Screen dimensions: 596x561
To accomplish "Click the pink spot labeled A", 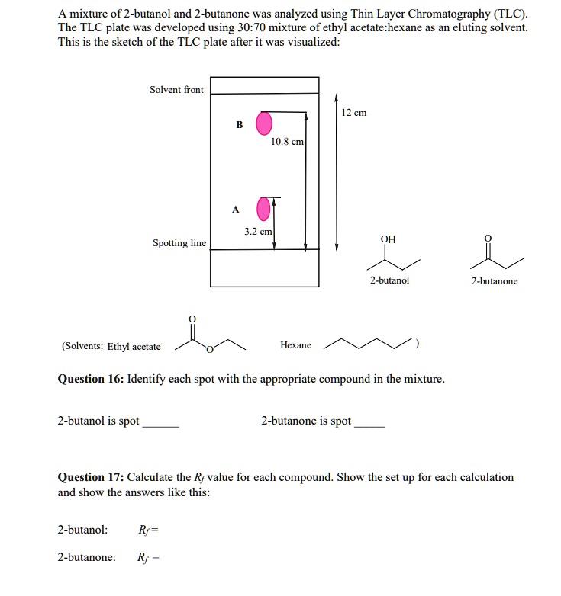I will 264,207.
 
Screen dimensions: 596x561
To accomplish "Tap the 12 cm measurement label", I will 354,113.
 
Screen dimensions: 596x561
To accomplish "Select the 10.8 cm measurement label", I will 287,142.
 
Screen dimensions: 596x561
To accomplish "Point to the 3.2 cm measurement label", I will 258,230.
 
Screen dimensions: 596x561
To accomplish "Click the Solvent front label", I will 176,90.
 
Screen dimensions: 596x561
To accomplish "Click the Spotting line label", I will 179,243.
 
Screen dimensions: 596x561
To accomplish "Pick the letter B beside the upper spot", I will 239,125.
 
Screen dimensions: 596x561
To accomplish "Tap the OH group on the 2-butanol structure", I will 388,239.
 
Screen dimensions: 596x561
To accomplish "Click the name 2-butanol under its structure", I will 389,280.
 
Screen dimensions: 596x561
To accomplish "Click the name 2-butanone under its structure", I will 494,281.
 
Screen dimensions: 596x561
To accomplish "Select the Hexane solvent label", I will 295,345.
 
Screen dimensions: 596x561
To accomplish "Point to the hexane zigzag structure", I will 367,344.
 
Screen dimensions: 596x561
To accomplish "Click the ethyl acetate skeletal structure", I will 209,338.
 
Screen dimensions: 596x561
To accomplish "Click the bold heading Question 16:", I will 91,379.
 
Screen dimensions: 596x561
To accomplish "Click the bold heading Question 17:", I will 91,477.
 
